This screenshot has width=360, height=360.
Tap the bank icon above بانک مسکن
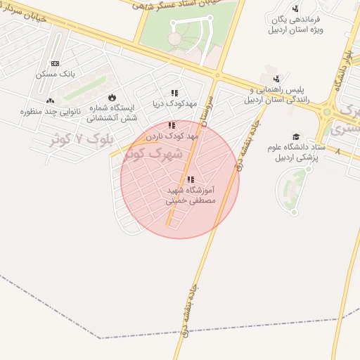click(55, 63)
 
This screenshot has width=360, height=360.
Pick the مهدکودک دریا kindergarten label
click(169, 103)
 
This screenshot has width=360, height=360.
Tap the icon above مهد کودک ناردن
click(172, 125)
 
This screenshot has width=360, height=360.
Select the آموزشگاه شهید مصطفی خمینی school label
click(191, 195)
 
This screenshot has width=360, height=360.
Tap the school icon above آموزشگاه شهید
click(191, 179)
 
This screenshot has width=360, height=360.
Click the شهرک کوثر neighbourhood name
click(153, 153)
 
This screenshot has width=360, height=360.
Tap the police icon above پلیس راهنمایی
click(277, 79)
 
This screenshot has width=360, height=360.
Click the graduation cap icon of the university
click(296, 136)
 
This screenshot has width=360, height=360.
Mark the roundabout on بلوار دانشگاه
click(327, 111)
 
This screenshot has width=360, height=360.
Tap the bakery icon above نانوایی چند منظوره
click(50, 101)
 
